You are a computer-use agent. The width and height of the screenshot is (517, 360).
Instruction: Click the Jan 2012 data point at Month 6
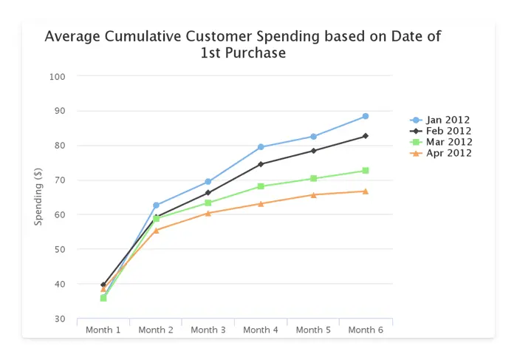coord(365,117)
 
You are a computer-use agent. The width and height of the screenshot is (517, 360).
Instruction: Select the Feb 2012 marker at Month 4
coord(261,164)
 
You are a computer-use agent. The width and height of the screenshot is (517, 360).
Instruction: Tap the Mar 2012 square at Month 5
coord(313,178)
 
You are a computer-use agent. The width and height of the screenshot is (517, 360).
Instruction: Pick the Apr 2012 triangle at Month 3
coord(208,213)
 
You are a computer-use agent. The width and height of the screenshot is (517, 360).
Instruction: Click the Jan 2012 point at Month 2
coord(156,205)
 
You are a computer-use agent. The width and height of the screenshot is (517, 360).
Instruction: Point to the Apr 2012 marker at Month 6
coord(365,191)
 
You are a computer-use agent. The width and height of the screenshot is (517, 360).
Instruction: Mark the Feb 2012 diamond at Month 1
coord(103,285)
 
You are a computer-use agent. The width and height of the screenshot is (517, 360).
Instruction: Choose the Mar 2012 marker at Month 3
coord(208,203)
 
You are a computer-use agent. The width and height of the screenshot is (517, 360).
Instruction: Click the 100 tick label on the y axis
coord(58,77)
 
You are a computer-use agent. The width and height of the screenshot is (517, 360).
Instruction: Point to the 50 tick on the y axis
coord(61,250)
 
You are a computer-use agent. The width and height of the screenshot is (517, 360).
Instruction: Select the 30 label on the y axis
coord(61,319)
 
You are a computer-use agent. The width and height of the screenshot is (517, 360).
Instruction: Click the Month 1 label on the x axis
coord(103,330)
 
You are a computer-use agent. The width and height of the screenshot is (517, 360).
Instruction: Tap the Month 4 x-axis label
coord(261,330)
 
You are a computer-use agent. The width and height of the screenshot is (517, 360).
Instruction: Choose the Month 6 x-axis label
coord(366,330)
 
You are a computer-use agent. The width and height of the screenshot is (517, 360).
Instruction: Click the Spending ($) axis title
coord(38,198)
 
